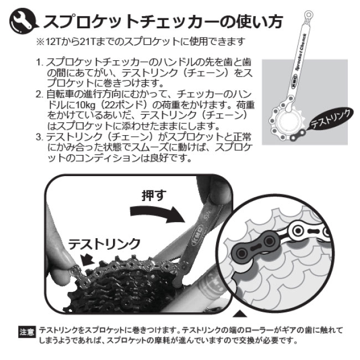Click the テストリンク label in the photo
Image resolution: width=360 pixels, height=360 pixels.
click(x=104, y=243)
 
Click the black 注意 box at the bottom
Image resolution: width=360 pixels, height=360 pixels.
click(x=27, y=331)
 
